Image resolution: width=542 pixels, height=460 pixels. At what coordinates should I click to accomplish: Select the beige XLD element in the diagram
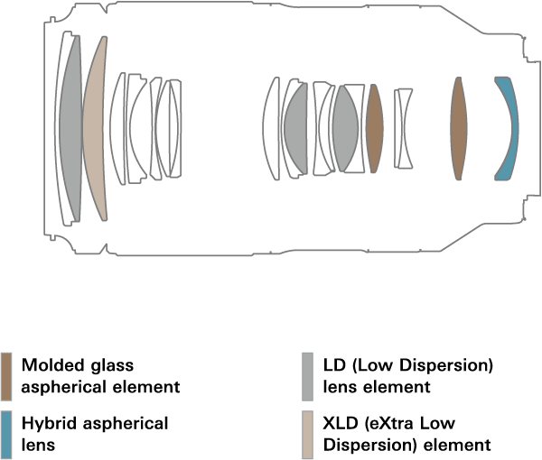[95, 128]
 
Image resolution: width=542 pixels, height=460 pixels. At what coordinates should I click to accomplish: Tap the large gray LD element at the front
[70, 128]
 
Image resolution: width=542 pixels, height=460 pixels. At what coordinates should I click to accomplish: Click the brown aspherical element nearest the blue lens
[459, 128]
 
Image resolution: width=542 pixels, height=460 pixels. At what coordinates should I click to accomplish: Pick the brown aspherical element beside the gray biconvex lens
[375, 128]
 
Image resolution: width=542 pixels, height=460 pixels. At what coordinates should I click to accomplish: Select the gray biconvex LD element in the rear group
[346, 128]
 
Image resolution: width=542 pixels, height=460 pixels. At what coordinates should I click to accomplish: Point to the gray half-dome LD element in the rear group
[296, 128]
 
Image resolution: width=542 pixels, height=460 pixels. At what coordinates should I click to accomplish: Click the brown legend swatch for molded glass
[6, 376]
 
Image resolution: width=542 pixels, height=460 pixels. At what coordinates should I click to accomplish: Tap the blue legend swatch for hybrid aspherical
[6, 435]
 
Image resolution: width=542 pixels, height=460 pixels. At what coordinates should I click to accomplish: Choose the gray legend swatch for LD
[307, 376]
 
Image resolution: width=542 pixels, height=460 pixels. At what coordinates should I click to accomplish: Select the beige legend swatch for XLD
[307, 435]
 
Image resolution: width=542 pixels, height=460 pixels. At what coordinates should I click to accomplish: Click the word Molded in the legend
[52, 365]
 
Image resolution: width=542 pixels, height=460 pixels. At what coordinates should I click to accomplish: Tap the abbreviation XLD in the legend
[341, 423]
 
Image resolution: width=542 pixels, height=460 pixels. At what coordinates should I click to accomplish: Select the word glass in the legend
[112, 366]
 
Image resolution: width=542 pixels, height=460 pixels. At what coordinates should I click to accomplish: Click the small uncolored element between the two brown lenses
[404, 128]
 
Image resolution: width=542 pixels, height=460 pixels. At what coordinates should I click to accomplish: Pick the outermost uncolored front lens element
[66, 128]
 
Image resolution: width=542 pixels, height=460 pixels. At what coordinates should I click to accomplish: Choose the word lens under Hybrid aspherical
[38, 445]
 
